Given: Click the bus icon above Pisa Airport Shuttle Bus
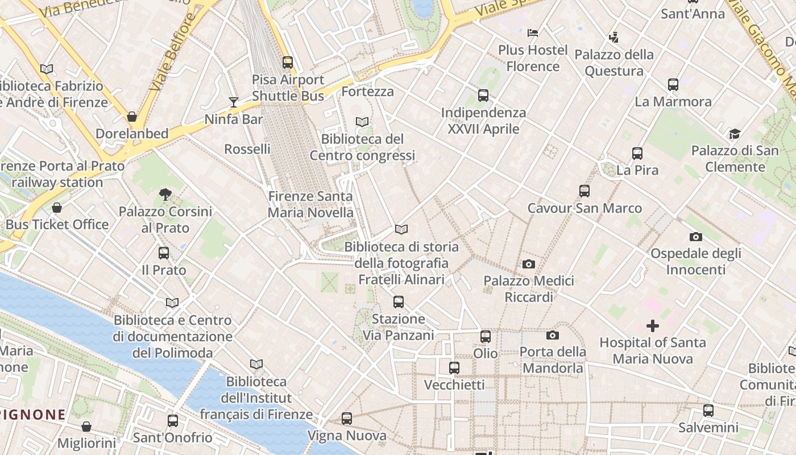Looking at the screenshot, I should tap(288, 63).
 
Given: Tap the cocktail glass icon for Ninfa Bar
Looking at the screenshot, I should tap(234, 102).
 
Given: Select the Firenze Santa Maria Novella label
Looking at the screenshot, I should tap(310, 205).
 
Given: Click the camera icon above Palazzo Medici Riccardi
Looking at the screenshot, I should tap(529, 264).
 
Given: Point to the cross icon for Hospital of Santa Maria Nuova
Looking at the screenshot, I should tap(653, 326).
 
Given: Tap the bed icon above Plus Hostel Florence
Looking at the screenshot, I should tap(533, 33).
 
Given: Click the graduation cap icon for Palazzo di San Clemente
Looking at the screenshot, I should tap(735, 134).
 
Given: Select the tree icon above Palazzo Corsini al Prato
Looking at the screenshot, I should tap(165, 195).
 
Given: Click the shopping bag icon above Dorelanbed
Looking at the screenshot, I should tap(132, 117).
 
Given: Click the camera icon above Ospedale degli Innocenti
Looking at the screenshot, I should tap(695, 237).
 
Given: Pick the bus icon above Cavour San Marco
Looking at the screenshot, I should tap(584, 191).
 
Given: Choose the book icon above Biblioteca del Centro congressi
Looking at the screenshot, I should tap(362, 122).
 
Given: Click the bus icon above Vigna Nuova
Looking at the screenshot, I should tap(347, 419).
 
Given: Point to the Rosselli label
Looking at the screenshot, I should tap(247, 149).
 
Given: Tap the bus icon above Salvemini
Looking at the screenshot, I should tap(708, 411).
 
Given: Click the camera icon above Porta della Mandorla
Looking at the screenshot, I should tap(553, 336).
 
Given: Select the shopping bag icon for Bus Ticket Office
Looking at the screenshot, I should tap(56, 208).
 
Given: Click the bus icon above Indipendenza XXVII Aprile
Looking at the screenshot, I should tap(483, 96).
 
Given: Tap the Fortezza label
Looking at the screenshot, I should tap(368, 91).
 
